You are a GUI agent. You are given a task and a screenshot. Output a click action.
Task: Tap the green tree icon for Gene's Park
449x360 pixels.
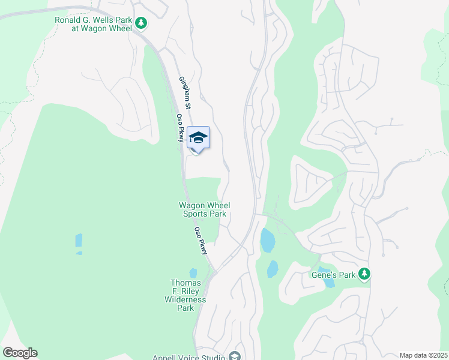(x=364, y=274)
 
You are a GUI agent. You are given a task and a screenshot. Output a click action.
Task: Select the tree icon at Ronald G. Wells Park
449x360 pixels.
(x=140, y=23)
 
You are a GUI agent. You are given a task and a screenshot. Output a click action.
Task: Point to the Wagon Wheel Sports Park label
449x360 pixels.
(x=205, y=209)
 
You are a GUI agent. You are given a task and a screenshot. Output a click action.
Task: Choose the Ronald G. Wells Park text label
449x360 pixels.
(x=94, y=24)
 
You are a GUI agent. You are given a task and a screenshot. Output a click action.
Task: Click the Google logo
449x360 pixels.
(x=20, y=353)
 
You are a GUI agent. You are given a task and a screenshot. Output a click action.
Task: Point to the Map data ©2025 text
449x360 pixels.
(x=423, y=355)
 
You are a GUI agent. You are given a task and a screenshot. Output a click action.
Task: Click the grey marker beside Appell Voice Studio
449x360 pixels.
(x=235, y=357)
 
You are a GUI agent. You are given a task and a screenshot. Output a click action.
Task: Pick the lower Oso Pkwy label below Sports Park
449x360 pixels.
(x=204, y=240)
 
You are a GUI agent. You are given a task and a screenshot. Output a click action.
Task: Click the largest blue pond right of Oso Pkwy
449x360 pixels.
(x=268, y=240)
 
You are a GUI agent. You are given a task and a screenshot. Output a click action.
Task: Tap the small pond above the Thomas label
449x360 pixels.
(x=193, y=273)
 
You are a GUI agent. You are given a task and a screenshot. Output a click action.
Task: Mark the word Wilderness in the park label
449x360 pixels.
(x=185, y=299)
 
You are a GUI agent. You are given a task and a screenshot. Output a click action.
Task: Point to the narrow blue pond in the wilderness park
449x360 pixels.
(x=79, y=241)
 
